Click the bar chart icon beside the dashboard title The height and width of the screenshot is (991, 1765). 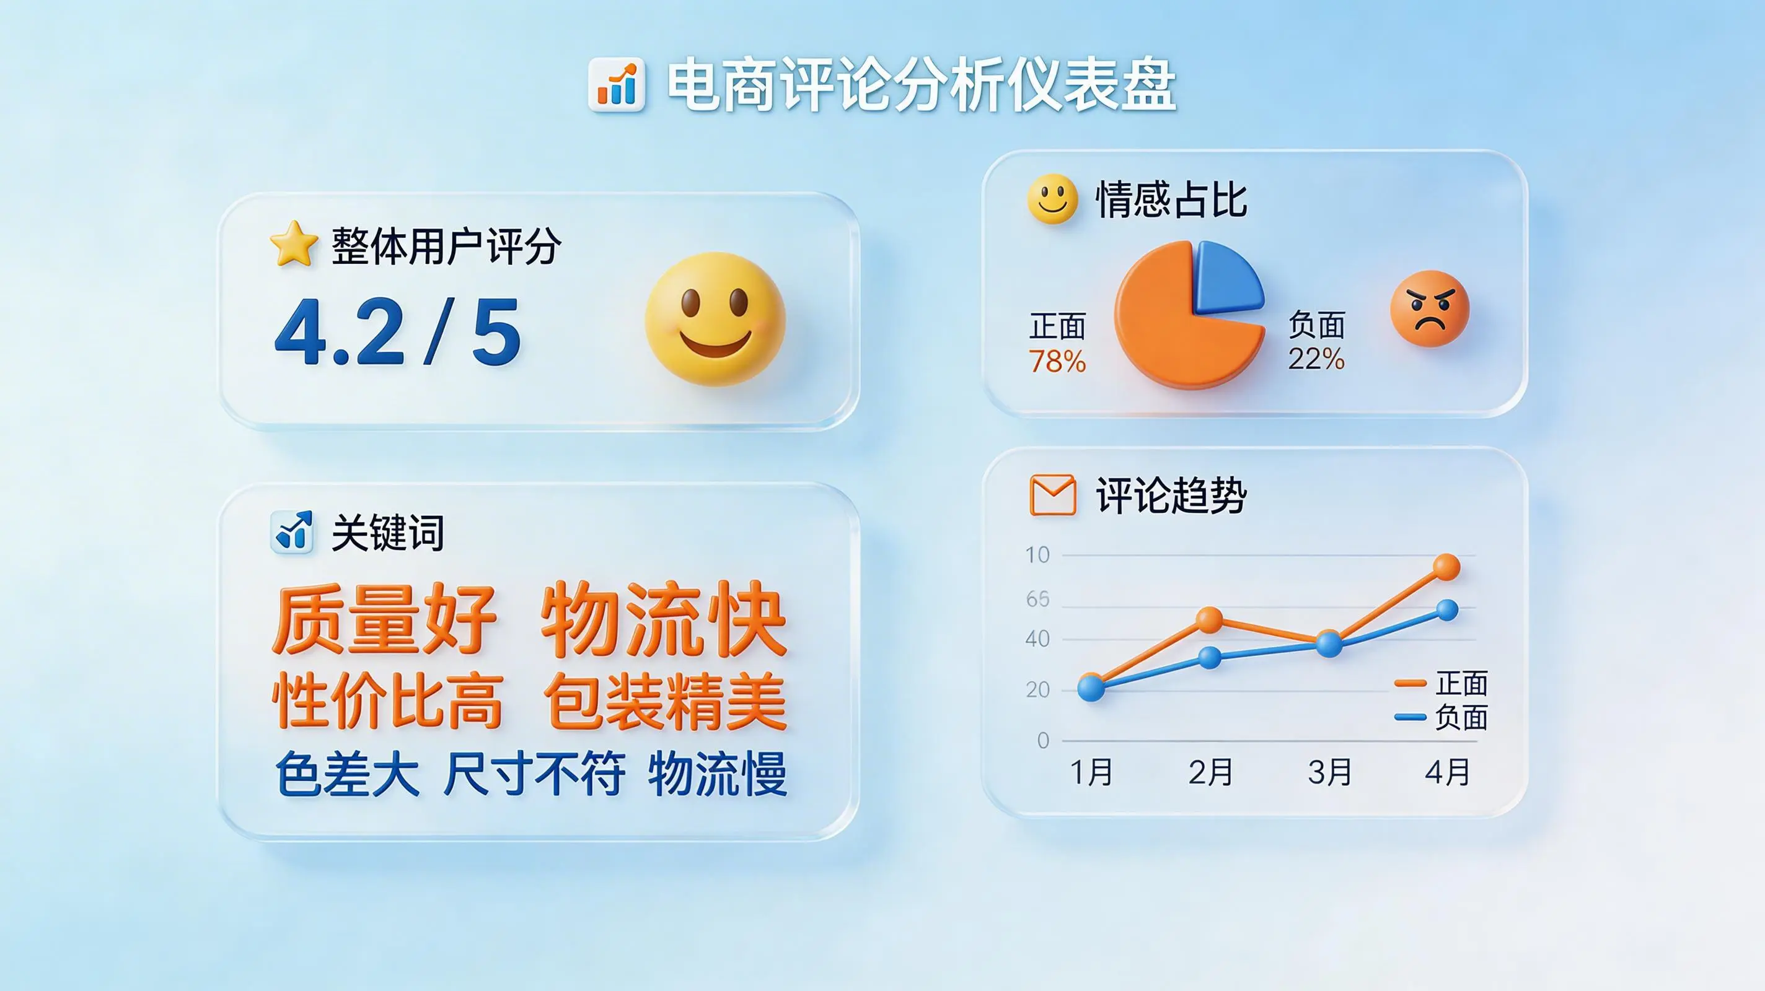click(x=617, y=84)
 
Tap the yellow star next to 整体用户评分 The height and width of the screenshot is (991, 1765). click(x=294, y=244)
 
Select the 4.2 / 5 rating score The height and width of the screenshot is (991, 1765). click(x=397, y=332)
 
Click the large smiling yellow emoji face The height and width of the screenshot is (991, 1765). click(x=715, y=318)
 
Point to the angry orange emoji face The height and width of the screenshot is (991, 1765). click(x=1430, y=308)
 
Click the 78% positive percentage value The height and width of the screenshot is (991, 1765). click(x=1057, y=362)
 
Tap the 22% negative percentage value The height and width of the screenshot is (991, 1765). click(x=1316, y=359)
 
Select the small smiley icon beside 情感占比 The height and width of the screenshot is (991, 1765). click(x=1052, y=199)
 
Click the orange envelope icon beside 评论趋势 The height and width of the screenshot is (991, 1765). click(x=1053, y=494)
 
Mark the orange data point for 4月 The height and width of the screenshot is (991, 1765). click(x=1446, y=567)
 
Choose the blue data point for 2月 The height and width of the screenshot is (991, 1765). click(x=1210, y=658)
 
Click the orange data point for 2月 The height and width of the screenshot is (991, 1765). click(x=1209, y=620)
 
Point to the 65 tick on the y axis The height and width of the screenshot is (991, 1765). click(x=1038, y=600)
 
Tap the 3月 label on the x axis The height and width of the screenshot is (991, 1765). click(x=1330, y=772)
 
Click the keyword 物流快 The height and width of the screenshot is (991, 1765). click(x=663, y=620)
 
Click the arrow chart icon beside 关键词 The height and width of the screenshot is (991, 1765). click(x=293, y=531)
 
